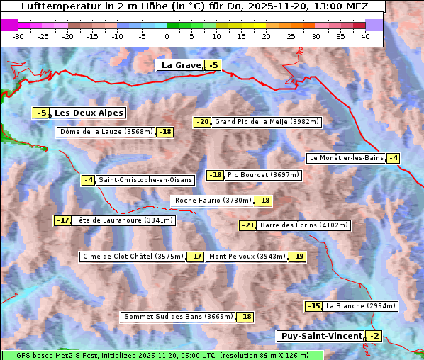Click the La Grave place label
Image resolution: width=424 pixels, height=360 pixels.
[x=181, y=65]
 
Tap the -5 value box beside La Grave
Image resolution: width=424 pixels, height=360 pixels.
[x=213, y=66]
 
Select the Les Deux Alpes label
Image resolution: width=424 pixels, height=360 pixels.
[x=89, y=113]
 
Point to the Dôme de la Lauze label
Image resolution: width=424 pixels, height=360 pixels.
[x=106, y=132]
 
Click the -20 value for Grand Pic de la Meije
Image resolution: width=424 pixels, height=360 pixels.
[x=203, y=122]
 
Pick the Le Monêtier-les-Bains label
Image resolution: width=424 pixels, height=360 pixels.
[x=345, y=158]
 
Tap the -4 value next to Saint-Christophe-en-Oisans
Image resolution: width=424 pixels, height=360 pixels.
[x=88, y=180]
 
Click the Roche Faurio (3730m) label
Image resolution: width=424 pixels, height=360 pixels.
[x=213, y=201]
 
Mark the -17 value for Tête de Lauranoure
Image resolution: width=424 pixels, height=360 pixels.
[x=63, y=220]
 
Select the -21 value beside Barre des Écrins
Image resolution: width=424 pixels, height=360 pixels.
[x=247, y=225]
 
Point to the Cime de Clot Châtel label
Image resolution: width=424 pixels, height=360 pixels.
[x=133, y=257]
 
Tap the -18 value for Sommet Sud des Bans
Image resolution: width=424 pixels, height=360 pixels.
[x=245, y=317]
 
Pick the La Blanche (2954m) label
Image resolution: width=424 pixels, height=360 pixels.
[x=360, y=306]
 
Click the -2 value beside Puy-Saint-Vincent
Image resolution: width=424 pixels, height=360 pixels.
[x=374, y=336]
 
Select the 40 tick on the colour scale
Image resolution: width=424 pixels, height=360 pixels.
[x=365, y=36]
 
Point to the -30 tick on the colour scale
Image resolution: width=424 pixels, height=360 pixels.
[x=18, y=36]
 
